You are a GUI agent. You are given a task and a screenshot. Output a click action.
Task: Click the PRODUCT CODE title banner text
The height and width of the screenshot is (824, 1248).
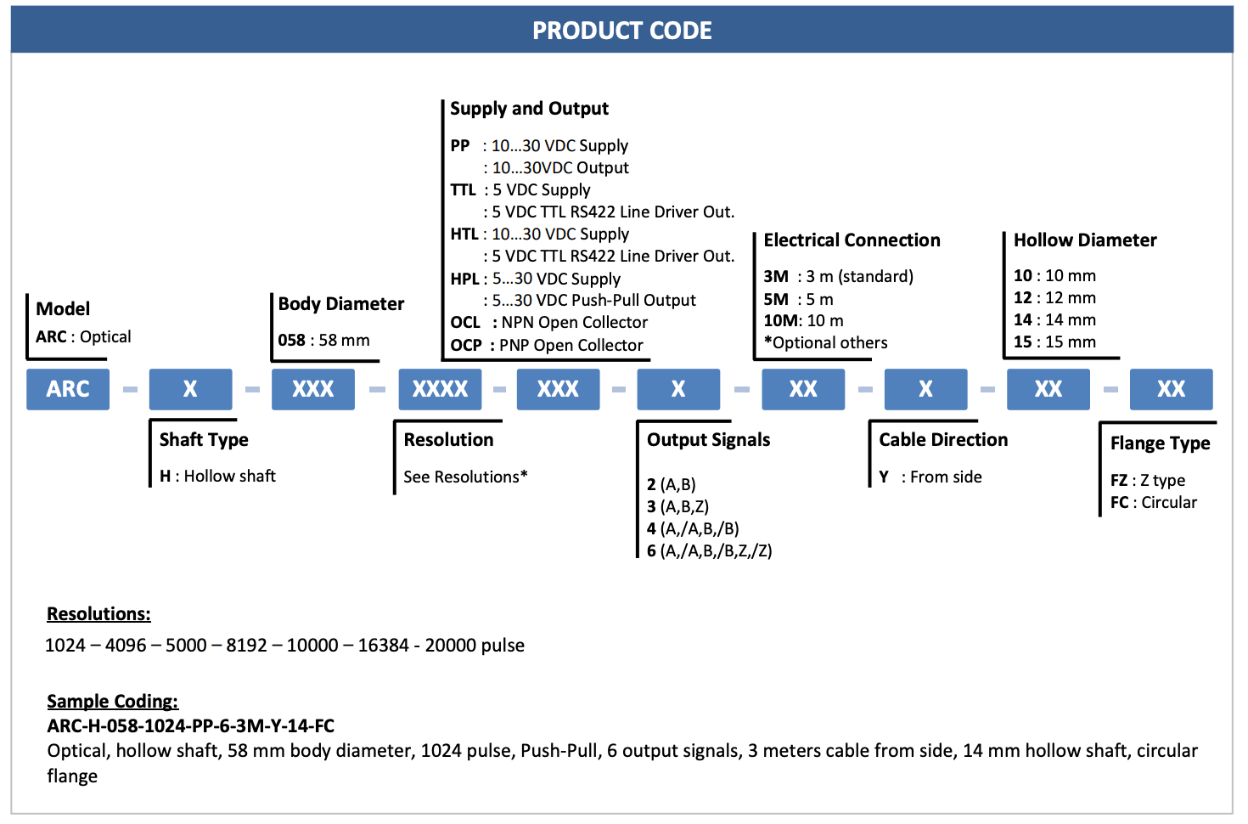[x=621, y=31]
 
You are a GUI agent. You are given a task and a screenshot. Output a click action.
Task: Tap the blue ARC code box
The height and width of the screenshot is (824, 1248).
[x=68, y=389]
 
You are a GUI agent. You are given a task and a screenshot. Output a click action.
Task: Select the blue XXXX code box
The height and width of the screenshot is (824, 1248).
[x=440, y=389]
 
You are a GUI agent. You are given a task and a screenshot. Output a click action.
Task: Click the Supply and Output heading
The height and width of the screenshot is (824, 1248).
[x=529, y=108]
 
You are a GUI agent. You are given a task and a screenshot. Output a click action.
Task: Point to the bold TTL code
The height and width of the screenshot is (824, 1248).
[x=463, y=190]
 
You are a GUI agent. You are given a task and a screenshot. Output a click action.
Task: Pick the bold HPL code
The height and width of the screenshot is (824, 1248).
[x=464, y=278]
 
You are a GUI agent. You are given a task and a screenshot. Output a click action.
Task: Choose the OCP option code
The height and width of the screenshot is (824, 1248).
[x=466, y=345]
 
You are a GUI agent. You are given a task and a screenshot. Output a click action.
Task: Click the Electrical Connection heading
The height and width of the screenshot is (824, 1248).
[x=852, y=240]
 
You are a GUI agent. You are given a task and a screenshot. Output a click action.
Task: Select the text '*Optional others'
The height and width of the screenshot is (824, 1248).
[x=826, y=342]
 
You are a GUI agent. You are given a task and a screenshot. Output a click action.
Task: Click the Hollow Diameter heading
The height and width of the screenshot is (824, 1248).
[x=1085, y=240]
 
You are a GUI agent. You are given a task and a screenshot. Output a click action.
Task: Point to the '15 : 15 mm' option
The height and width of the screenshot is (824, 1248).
[x=1054, y=341]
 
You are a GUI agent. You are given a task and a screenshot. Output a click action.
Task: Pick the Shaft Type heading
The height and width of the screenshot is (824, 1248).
[x=204, y=440]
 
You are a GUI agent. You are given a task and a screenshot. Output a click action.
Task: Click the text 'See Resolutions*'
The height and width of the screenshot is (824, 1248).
[x=465, y=477]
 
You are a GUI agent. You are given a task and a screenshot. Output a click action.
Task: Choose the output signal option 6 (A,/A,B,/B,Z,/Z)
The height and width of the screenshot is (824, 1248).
[x=709, y=550]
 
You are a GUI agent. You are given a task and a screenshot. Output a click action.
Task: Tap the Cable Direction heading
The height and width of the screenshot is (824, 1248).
[x=944, y=439]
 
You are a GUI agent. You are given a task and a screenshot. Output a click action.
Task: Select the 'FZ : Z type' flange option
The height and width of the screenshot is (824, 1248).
[x=1148, y=480]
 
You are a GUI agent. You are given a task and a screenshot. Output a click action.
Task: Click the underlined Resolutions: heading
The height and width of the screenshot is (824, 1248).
[x=98, y=614]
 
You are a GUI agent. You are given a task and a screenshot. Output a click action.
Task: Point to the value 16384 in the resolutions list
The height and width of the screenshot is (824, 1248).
[x=384, y=645]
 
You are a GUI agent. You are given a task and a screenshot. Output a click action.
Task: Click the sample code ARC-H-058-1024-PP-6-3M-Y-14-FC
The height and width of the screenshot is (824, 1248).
[x=190, y=725]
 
